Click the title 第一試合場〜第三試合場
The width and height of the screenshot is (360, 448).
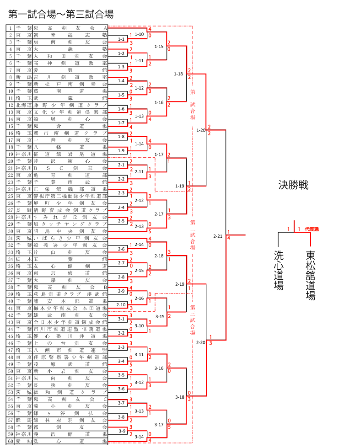(x=61, y=14)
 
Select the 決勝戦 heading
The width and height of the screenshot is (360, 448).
(x=293, y=185)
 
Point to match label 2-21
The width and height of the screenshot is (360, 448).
(x=218, y=236)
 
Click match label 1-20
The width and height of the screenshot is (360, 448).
(x=201, y=130)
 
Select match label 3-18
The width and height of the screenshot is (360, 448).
(x=179, y=397)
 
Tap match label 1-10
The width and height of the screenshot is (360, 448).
(x=139, y=34)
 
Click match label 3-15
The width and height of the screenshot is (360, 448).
(x=160, y=316)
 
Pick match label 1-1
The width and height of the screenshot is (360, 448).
(x=121, y=39)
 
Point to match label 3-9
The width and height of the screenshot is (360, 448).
(x=122, y=431)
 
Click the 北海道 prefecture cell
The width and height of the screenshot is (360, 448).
(x=23, y=105)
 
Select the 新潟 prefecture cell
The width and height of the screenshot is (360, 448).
(x=23, y=77)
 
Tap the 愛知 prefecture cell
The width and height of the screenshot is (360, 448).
(x=23, y=441)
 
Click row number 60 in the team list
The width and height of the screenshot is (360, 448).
(x=11, y=441)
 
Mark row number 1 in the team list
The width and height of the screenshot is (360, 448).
(x=11, y=28)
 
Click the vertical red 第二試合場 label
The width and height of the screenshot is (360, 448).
(x=193, y=234)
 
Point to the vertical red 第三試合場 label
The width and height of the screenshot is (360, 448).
(x=193, y=320)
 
